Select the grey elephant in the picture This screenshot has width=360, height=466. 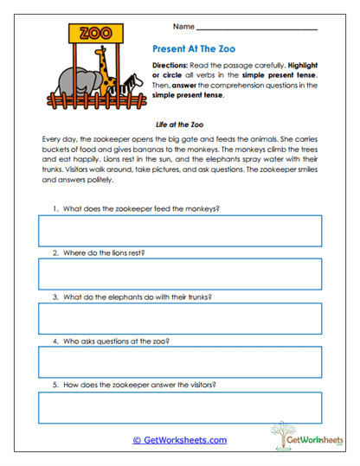click(86, 83)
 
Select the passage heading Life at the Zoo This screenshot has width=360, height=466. click(180, 124)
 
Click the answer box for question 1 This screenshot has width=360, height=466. click(179, 231)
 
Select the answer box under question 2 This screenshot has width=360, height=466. click(179, 274)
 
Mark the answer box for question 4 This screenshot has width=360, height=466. click(179, 363)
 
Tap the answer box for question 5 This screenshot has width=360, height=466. click(179, 407)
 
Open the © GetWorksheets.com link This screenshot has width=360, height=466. click(179, 440)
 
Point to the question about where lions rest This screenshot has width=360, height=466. click(103, 252)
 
